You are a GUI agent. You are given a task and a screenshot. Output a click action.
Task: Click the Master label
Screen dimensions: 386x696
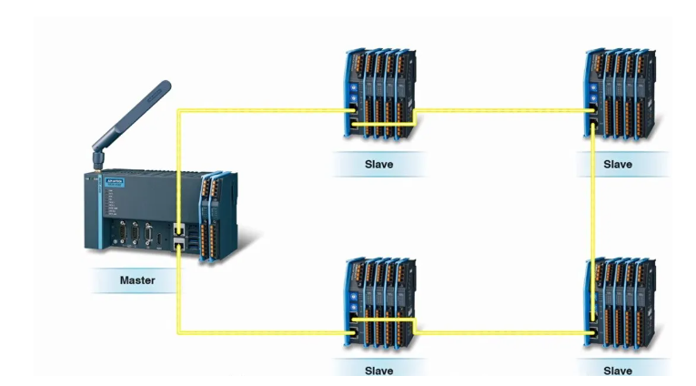137,279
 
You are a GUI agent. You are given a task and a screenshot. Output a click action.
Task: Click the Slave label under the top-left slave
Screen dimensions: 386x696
378,164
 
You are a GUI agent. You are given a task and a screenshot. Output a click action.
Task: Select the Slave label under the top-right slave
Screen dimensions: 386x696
618,164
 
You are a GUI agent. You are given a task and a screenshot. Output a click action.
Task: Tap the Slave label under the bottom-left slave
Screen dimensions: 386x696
378,371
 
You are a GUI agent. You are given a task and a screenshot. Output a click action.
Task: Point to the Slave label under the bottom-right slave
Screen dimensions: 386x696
618,371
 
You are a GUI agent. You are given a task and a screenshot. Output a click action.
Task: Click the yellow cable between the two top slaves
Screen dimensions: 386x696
500,111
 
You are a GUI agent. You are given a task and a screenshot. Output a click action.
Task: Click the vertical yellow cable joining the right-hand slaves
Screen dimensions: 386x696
593,218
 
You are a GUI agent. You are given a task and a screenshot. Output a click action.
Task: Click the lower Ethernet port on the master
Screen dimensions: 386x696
178,242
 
